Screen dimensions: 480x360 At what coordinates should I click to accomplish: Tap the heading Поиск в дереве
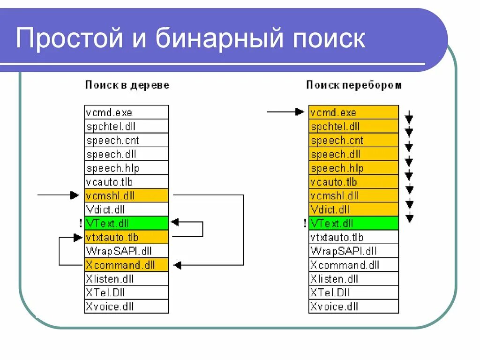127,85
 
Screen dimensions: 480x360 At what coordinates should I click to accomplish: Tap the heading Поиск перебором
354,85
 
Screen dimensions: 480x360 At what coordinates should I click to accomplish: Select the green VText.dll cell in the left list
127,223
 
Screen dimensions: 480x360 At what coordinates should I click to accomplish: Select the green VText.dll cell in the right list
353,223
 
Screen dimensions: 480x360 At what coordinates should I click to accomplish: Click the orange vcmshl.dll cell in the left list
127,195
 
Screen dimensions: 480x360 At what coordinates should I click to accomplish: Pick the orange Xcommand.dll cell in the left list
127,265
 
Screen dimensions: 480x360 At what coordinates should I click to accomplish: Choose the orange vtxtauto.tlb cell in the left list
127,237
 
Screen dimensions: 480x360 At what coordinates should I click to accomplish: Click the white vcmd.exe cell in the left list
127,112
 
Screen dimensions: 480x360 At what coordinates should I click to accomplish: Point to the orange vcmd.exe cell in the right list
353,112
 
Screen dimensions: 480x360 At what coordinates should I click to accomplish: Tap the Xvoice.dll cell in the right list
353,307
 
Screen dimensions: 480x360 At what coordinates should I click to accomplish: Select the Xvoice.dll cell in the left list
127,307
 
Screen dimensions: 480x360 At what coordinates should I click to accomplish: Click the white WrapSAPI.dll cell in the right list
353,251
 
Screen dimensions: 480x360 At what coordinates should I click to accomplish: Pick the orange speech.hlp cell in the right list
353,168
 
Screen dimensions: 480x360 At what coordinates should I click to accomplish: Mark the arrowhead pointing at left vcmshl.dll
75,195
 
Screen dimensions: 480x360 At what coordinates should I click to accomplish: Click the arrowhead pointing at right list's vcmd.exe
300,112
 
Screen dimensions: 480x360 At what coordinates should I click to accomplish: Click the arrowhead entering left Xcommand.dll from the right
176,265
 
